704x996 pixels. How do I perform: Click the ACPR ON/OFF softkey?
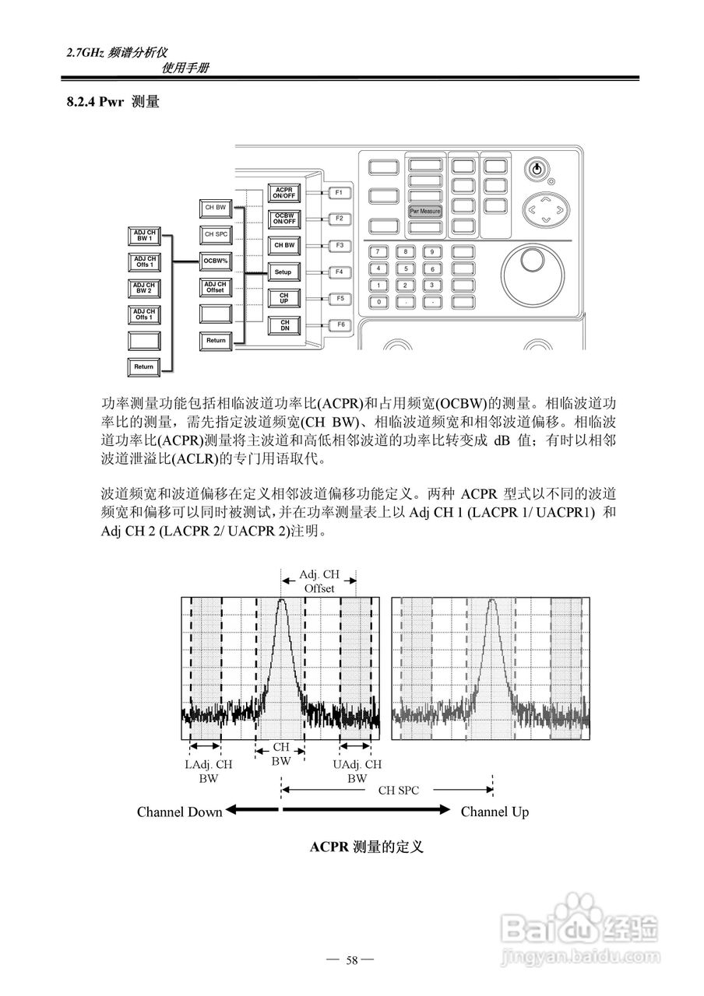click(283, 192)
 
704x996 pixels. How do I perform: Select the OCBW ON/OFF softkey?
click(283, 219)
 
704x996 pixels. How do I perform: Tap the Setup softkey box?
click(283, 272)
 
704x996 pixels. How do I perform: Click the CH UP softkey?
click(283, 298)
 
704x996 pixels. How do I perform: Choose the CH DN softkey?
click(283, 324)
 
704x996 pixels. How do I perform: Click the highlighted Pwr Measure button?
click(425, 211)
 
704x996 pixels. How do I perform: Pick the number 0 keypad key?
click(378, 301)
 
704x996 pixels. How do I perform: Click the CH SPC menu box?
click(215, 233)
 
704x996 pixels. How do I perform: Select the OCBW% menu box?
click(215, 260)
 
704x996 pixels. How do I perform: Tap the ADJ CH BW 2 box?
click(143, 288)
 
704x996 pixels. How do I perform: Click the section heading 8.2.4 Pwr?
click(114, 102)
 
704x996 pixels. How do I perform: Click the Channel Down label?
click(179, 812)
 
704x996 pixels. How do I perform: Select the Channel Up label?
click(495, 812)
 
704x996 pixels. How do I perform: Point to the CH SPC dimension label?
click(398, 791)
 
